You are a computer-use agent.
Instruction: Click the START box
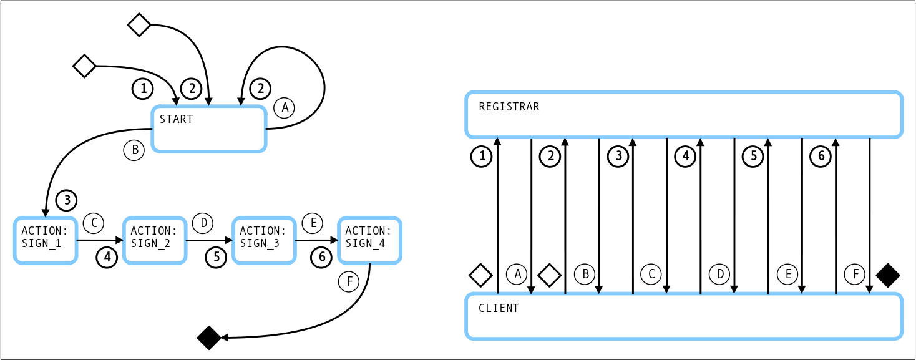tap(209, 129)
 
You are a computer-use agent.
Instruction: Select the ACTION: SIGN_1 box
tap(46, 240)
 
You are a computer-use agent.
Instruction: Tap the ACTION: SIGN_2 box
tap(155, 240)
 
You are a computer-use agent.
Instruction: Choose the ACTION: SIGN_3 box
tap(263, 240)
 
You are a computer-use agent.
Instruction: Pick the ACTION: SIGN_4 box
tap(369, 240)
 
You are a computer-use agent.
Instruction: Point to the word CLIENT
tap(499, 308)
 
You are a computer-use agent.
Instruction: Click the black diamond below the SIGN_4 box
tap(209, 338)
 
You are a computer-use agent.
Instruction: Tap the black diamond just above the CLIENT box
tap(887, 275)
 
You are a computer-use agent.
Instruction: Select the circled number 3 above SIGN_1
tap(66, 200)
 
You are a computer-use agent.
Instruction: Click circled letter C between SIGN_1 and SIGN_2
tap(94, 222)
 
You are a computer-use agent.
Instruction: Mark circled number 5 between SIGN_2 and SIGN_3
tap(215, 257)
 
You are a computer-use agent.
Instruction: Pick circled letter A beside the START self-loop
tap(285, 107)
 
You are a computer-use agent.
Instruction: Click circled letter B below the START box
tap(134, 150)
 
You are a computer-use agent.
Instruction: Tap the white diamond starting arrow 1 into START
tap(84, 66)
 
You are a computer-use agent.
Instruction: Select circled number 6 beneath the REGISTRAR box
tap(820, 157)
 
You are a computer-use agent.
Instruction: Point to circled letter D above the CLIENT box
tap(719, 273)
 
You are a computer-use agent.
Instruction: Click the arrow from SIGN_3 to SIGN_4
tap(316, 240)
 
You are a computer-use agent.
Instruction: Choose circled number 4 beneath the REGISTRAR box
tap(685, 157)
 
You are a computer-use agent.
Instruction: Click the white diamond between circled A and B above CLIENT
tap(549, 275)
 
